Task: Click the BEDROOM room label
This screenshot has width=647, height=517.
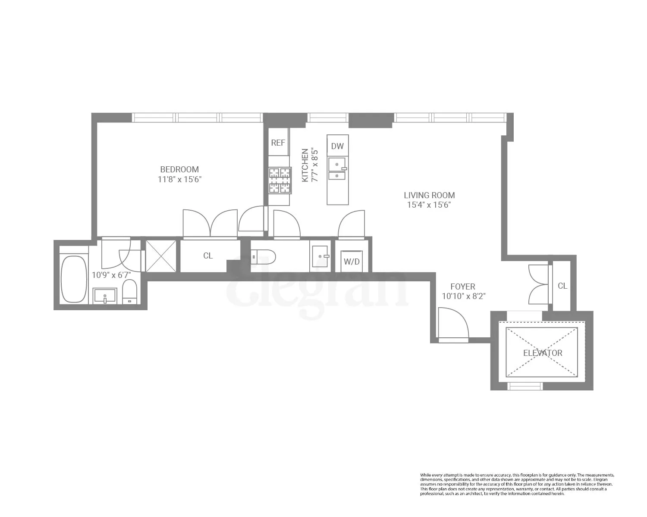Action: point(179,169)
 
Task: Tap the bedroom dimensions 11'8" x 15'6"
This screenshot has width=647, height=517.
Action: point(179,179)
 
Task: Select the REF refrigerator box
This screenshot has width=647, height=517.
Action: point(278,143)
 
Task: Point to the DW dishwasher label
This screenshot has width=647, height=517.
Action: point(337,146)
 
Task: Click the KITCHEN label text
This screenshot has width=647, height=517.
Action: point(305,165)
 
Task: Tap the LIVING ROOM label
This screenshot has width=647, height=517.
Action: point(429,195)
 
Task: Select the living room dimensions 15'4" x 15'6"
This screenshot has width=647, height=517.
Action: point(429,205)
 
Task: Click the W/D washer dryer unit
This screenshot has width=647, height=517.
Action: point(352,261)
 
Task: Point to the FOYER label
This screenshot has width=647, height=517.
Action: point(463,287)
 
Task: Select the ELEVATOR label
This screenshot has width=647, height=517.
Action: point(543,353)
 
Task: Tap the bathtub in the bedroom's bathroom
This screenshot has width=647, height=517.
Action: point(74,279)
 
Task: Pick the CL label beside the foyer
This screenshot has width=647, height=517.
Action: point(562,286)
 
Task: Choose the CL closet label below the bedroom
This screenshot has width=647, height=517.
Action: point(208,255)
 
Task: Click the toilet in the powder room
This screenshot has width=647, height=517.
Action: point(263,257)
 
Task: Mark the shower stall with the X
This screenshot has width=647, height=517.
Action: point(161,256)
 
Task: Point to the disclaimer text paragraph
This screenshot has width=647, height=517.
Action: point(517,484)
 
